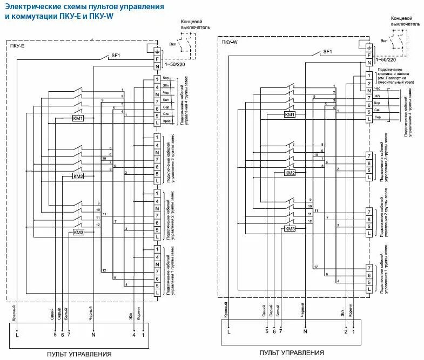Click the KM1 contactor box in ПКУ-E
click(78, 118)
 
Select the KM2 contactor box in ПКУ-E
click(78, 176)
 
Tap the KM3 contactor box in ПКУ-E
click(78, 233)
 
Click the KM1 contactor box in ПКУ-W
click(290, 115)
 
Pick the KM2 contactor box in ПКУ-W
click(290, 173)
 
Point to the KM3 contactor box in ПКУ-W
click(290, 229)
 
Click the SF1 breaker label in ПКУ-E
click(116, 55)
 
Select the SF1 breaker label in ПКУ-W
click(327, 52)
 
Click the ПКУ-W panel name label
click(230, 42)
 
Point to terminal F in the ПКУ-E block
click(157, 58)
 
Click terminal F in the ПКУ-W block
click(369, 55)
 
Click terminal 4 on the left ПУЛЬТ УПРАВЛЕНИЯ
click(134, 335)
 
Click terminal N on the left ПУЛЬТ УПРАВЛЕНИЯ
click(93, 335)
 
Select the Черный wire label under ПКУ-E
click(91, 314)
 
